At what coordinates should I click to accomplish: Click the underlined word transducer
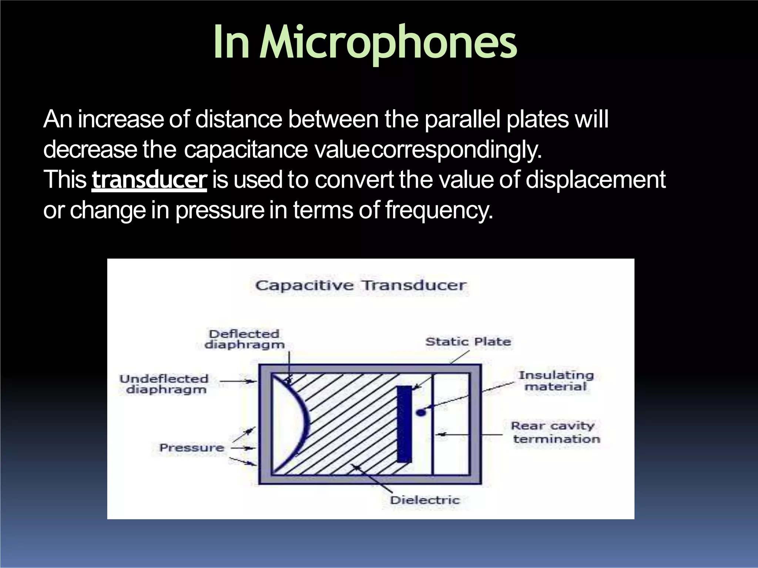[x=149, y=180]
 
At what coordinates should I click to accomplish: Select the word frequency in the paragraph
[x=439, y=210]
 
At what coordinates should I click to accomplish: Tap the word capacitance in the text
[x=246, y=150]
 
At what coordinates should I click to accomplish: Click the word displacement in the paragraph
[x=596, y=180]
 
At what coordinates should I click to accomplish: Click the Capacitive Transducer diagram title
[x=361, y=285]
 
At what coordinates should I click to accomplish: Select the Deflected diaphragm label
[x=244, y=339]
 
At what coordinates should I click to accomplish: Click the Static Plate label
[x=468, y=341]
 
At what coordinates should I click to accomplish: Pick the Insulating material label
[x=556, y=381]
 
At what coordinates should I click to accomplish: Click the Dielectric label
[x=425, y=500]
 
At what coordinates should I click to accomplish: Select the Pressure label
[x=192, y=448]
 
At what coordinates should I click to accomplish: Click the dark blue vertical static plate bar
[x=404, y=424]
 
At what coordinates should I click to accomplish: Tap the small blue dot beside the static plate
[x=421, y=412]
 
